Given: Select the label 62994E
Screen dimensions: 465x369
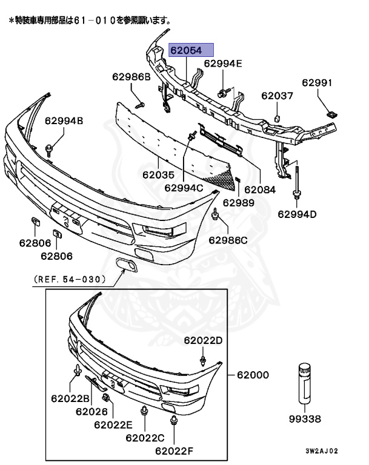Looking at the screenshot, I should [222, 63].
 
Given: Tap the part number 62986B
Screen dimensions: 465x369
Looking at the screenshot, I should [130, 77].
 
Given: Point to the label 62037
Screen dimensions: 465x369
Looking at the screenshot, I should [277, 95].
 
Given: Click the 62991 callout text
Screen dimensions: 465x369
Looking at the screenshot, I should [317, 83].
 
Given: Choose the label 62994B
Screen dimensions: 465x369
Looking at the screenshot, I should [64, 121].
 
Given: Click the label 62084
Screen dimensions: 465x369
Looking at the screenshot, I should [259, 189].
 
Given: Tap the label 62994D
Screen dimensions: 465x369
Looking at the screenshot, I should [298, 213].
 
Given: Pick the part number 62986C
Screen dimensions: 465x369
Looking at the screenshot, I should [228, 240].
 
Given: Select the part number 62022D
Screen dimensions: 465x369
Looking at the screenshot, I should [203, 340].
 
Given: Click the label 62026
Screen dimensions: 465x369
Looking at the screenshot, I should [91, 411].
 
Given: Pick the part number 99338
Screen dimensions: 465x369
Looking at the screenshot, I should [305, 418].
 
